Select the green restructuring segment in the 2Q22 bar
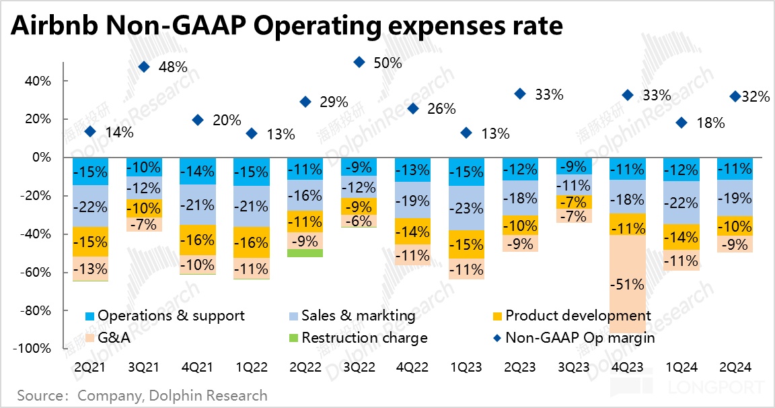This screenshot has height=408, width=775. click(x=305, y=252)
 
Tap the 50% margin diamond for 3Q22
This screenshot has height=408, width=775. click(x=359, y=62)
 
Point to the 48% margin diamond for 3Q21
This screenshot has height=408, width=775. click(x=144, y=67)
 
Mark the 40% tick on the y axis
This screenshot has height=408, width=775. click(x=39, y=81)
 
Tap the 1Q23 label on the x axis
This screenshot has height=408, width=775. click(x=466, y=368)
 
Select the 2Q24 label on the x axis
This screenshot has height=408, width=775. click(x=735, y=368)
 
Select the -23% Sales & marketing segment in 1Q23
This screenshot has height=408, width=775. click(x=466, y=208)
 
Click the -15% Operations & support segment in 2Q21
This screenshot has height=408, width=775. click(x=90, y=171)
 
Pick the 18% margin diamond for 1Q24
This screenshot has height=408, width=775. click(x=681, y=123)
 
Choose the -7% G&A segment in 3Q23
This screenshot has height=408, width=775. click(x=574, y=216)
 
